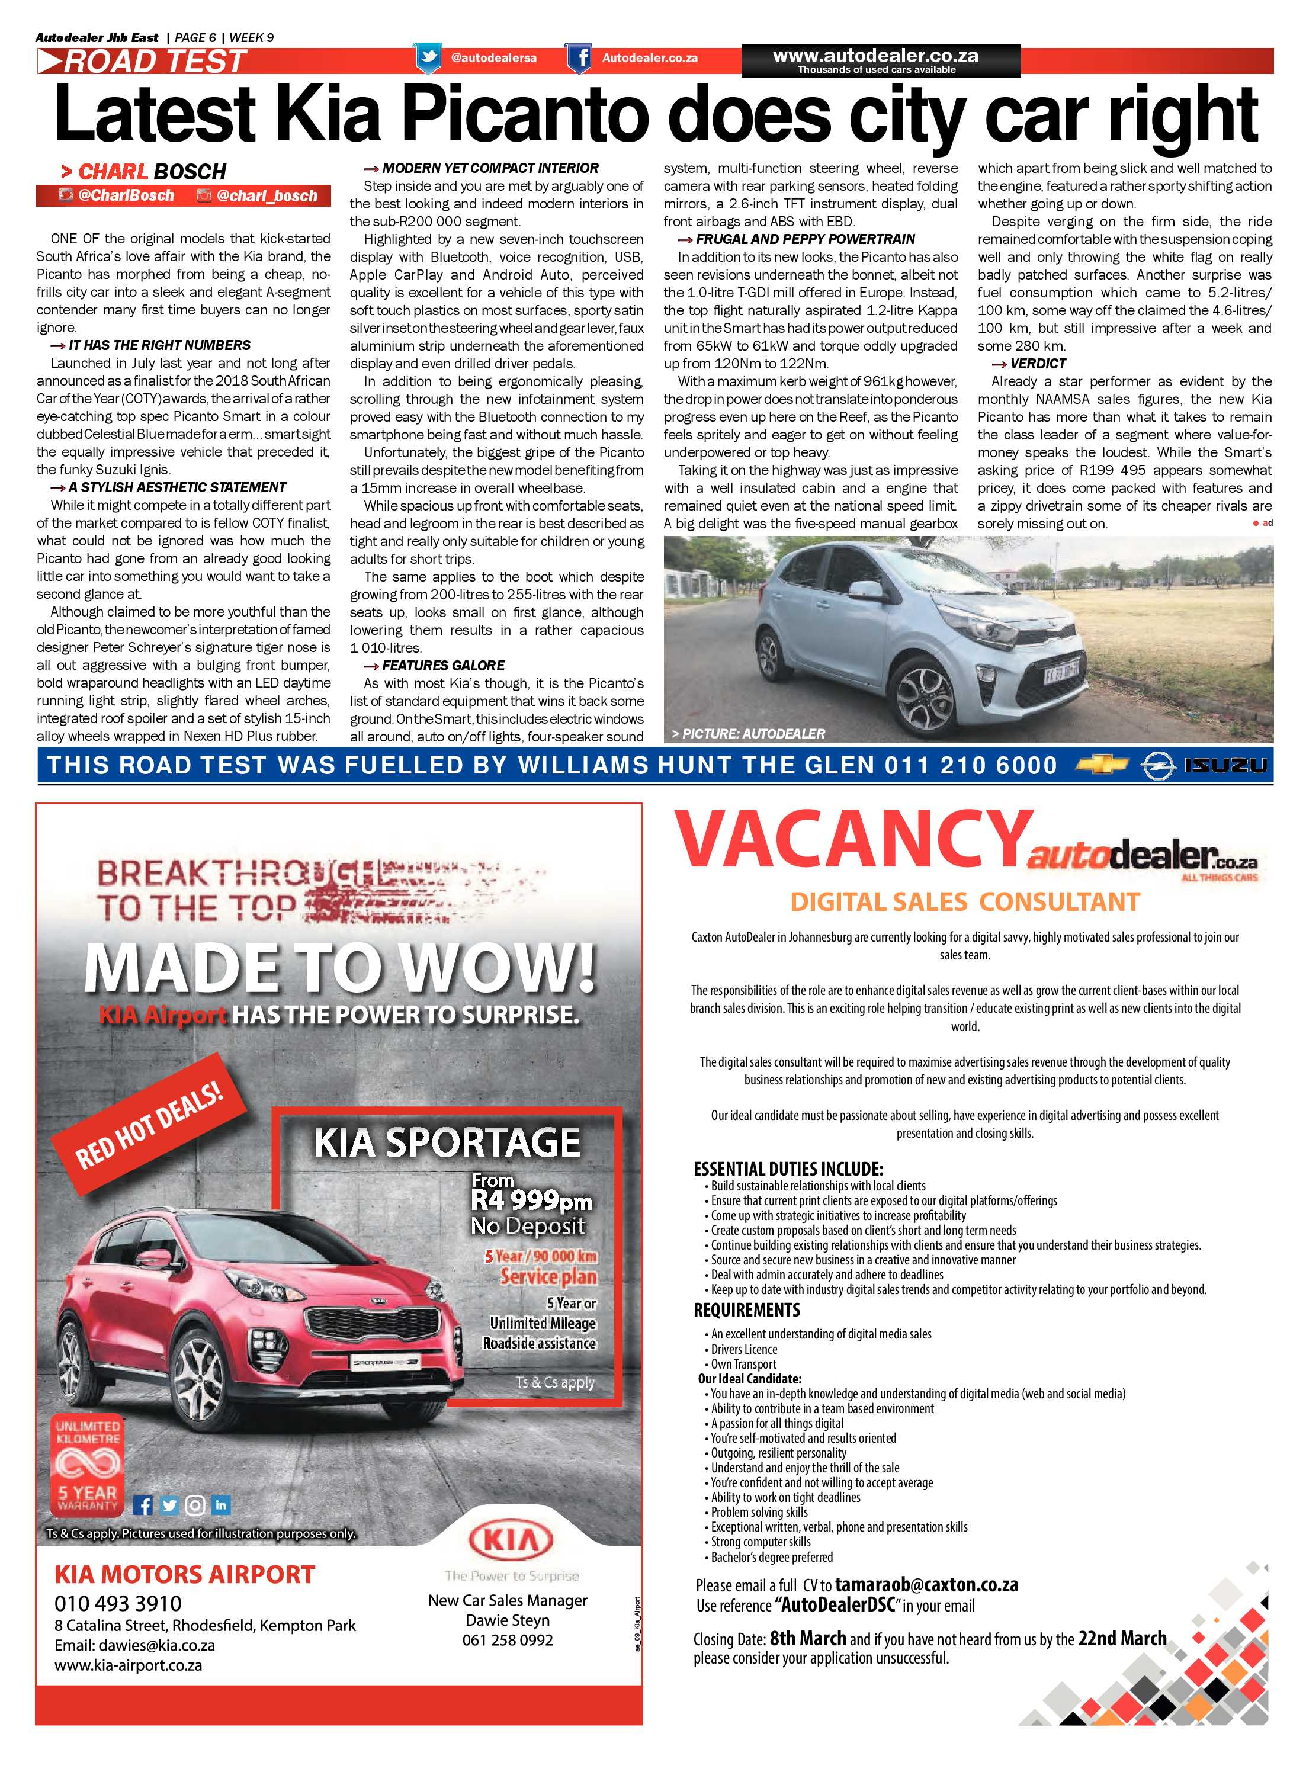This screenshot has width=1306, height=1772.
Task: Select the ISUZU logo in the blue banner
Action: coord(1225,765)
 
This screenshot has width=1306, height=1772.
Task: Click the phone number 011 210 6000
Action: coord(970,765)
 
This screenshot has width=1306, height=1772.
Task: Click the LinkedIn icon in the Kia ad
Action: coord(220,1504)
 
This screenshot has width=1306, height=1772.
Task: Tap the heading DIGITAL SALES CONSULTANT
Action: coord(964,902)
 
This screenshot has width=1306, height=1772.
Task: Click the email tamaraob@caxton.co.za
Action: coord(926,1585)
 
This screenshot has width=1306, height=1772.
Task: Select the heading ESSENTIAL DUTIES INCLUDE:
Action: coord(788,1169)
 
